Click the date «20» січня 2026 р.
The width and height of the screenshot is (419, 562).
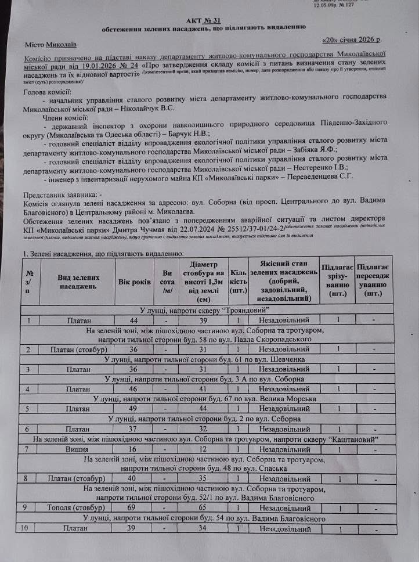point(351,41)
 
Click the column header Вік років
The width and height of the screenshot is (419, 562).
point(134,281)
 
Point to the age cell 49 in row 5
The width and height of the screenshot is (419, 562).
point(134,409)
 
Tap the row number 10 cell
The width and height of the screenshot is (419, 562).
point(24,528)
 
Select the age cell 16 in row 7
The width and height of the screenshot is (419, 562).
point(134,449)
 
